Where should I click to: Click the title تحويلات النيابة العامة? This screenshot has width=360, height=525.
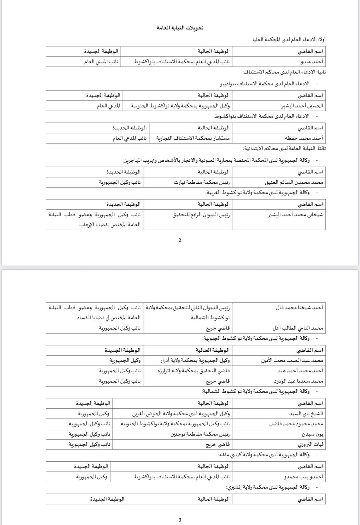pos(180,28)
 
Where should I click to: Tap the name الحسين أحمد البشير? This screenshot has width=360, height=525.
pos(302,106)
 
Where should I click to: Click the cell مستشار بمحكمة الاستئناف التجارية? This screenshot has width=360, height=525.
pos(193,138)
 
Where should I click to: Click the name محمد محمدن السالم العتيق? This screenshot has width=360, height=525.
pos(294,182)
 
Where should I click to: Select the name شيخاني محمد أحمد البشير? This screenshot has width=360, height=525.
pos(296,215)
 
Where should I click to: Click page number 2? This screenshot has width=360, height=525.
pos(180,240)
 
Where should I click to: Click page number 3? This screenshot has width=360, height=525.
pos(180,520)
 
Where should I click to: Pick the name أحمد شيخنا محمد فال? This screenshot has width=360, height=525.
pos(299,307)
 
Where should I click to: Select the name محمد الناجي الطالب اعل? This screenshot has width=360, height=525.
pos(298,328)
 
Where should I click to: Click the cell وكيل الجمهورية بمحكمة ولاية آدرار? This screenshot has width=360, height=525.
pos(195,360)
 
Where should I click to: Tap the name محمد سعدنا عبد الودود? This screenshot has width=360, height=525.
pos(298,381)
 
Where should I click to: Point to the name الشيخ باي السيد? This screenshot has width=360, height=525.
pos(306,414)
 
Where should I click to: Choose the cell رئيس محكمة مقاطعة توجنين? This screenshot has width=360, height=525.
pos(200,434)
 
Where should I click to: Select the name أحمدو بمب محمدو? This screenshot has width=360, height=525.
pos(304,477)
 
